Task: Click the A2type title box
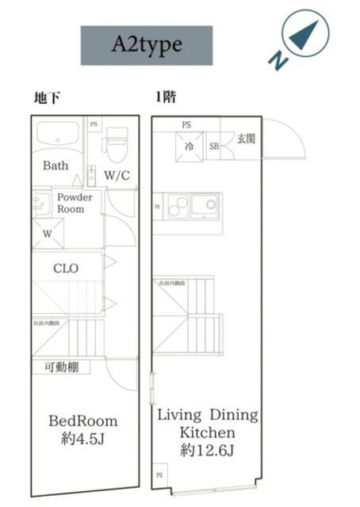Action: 147,45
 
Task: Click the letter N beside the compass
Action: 275,60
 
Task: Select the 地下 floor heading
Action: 47,98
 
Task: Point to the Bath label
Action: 56,166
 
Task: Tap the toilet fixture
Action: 117,142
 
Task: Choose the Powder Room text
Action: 75,203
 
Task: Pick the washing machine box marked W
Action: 47,233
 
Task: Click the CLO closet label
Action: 66,269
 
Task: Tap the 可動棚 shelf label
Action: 60,367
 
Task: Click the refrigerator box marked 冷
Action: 190,146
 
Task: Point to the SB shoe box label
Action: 213,146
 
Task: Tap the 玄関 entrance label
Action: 245,139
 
